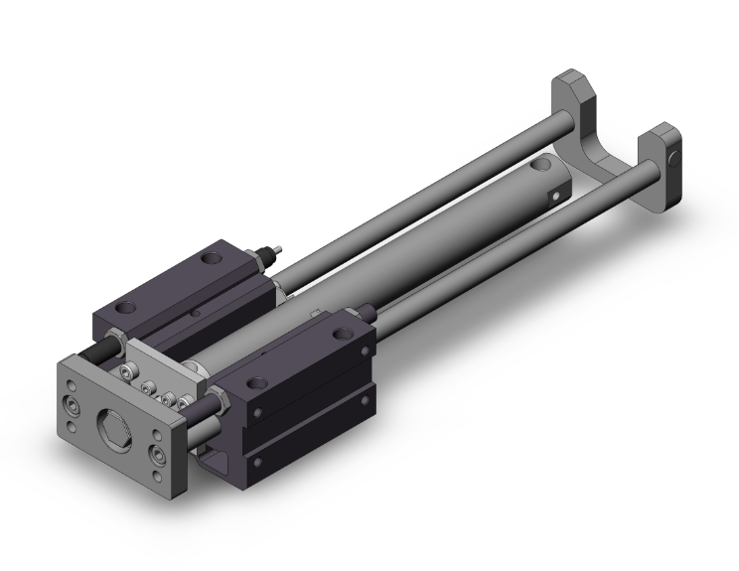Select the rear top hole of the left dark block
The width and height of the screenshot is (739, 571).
[x=210, y=259]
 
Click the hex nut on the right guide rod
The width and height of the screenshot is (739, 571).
[x=217, y=403]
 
